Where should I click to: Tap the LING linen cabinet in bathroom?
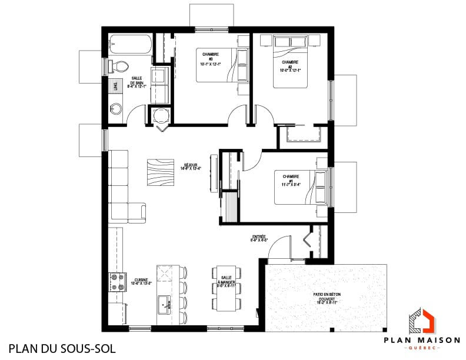click(x=110, y=86)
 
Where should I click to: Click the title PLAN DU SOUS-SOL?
click(x=61, y=348)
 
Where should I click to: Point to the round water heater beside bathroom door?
click(x=160, y=115)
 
